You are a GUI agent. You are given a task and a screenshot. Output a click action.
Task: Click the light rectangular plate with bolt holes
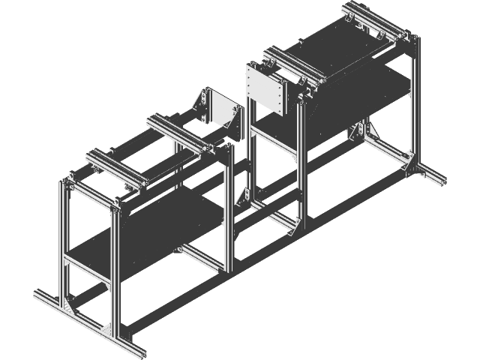267,89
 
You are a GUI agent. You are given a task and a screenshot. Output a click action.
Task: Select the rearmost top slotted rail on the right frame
372,22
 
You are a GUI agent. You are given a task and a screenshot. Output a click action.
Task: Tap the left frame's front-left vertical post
63,240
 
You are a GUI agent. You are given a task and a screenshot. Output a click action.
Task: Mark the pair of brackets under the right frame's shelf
358,133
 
